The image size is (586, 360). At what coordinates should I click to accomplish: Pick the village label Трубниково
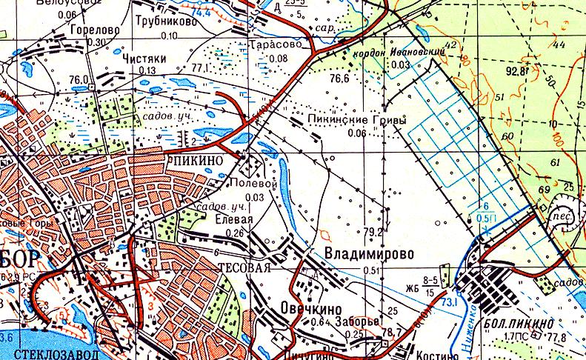[x=166, y=23]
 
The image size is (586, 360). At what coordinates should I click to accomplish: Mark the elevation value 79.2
[x=374, y=232]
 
